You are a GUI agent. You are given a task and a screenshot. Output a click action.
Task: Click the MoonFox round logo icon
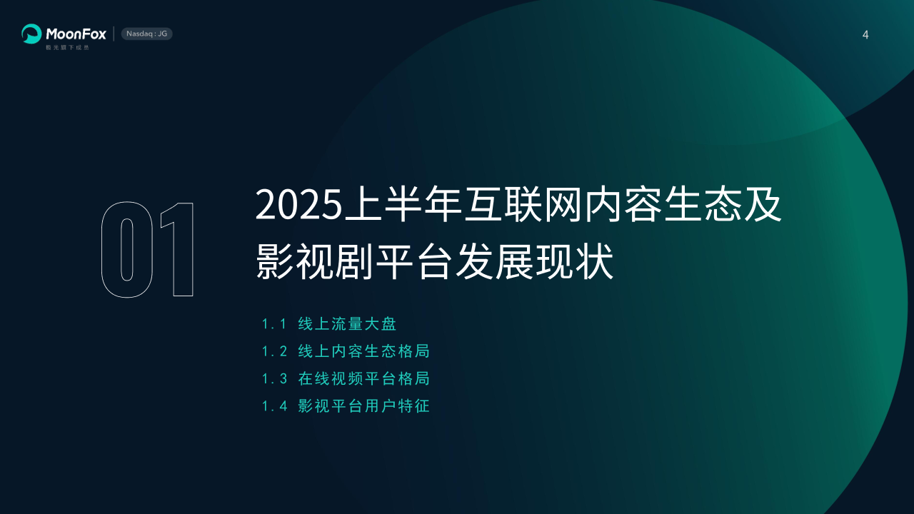click(31, 34)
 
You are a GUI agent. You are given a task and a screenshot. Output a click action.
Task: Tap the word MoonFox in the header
click(76, 34)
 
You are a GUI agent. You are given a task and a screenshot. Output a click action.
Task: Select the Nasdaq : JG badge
click(147, 34)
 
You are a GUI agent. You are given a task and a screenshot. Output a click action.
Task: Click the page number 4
click(865, 35)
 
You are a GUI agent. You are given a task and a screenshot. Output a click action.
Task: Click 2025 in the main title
click(298, 204)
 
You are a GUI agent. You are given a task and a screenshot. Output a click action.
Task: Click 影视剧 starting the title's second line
click(314, 261)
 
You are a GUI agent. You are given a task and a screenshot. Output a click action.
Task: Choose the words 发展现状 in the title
click(535, 261)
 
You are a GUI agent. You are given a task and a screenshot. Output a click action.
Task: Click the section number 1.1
click(274, 324)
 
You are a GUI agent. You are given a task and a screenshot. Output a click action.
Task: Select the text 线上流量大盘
click(347, 324)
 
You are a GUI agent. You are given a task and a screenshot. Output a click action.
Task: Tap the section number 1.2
click(274, 352)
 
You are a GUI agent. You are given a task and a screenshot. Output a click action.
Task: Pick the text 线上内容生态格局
click(364, 351)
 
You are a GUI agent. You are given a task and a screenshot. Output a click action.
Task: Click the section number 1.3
click(274, 379)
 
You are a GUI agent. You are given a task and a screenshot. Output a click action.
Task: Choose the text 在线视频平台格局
click(364, 378)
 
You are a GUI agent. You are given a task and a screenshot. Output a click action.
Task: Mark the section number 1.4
click(274, 406)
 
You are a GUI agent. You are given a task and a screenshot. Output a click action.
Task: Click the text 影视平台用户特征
click(364, 406)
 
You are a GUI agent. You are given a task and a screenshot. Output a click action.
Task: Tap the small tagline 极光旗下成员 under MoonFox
click(67, 47)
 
